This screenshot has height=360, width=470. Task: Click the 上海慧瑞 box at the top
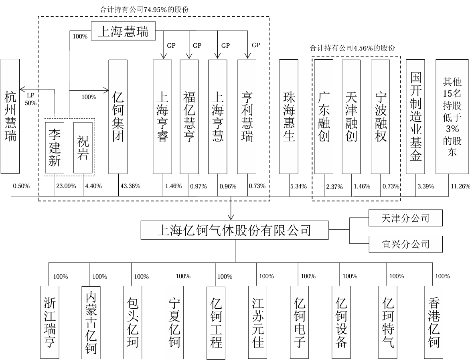123,31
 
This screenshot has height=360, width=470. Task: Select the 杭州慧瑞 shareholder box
10,116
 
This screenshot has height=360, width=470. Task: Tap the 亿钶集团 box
118,117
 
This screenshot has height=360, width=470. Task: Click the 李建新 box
55,148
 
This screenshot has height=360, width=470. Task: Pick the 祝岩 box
83,148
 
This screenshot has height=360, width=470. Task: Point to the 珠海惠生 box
289,117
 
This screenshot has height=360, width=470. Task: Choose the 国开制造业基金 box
415,117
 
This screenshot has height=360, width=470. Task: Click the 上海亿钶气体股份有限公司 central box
235,230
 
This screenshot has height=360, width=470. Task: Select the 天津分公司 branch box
405,218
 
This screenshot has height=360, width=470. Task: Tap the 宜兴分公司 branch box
405,244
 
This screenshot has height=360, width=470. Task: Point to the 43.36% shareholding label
130,186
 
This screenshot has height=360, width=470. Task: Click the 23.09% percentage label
66,186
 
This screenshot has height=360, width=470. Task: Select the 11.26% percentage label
460,186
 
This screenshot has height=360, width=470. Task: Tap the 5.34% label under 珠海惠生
298,186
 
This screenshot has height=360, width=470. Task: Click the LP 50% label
30,99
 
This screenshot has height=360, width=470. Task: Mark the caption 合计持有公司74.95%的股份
144,9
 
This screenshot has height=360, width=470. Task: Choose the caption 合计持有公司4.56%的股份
352,48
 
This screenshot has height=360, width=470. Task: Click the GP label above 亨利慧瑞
256,45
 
